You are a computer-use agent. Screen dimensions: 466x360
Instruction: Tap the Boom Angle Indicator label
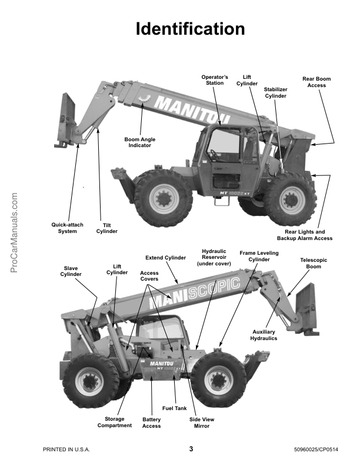(140, 142)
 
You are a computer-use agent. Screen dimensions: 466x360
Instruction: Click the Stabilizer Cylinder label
(275, 92)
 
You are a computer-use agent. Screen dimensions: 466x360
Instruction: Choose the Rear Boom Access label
(316, 82)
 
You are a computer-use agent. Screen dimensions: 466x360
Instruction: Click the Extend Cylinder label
(165, 258)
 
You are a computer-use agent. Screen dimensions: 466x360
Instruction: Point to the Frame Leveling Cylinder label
(259, 256)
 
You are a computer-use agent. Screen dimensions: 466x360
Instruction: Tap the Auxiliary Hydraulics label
(265, 335)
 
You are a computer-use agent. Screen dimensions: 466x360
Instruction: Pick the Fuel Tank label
(174, 408)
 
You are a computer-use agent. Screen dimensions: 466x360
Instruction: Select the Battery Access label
(151, 423)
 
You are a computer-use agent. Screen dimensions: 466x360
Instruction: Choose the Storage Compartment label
(114, 422)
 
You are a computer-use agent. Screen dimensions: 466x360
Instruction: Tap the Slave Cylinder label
(71, 271)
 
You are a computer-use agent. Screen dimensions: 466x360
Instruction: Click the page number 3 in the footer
(191, 449)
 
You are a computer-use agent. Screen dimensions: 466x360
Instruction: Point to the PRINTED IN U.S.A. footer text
(66, 450)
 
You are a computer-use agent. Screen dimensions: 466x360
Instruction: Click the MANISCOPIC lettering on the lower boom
(195, 292)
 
